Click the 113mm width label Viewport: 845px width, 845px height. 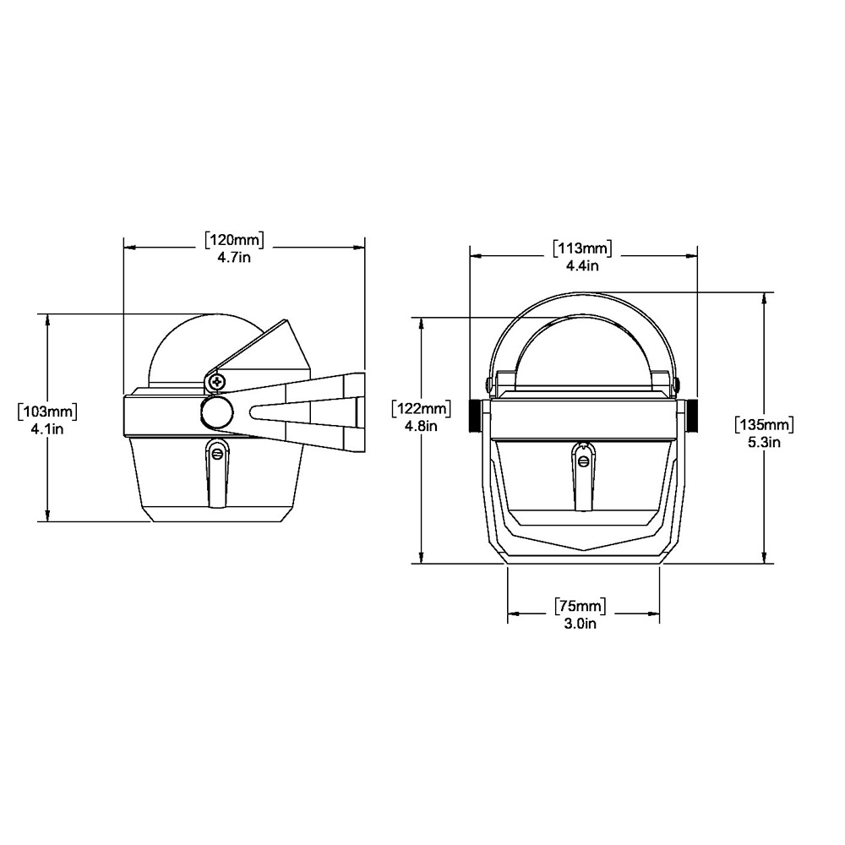click(583, 248)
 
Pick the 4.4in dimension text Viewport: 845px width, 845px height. click(583, 265)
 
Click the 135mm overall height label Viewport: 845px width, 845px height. click(764, 424)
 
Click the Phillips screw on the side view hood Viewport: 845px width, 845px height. click(218, 382)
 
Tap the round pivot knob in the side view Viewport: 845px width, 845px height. click(216, 412)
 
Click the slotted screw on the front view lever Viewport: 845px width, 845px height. click(582, 460)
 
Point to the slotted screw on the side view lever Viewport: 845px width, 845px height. click(217, 455)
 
